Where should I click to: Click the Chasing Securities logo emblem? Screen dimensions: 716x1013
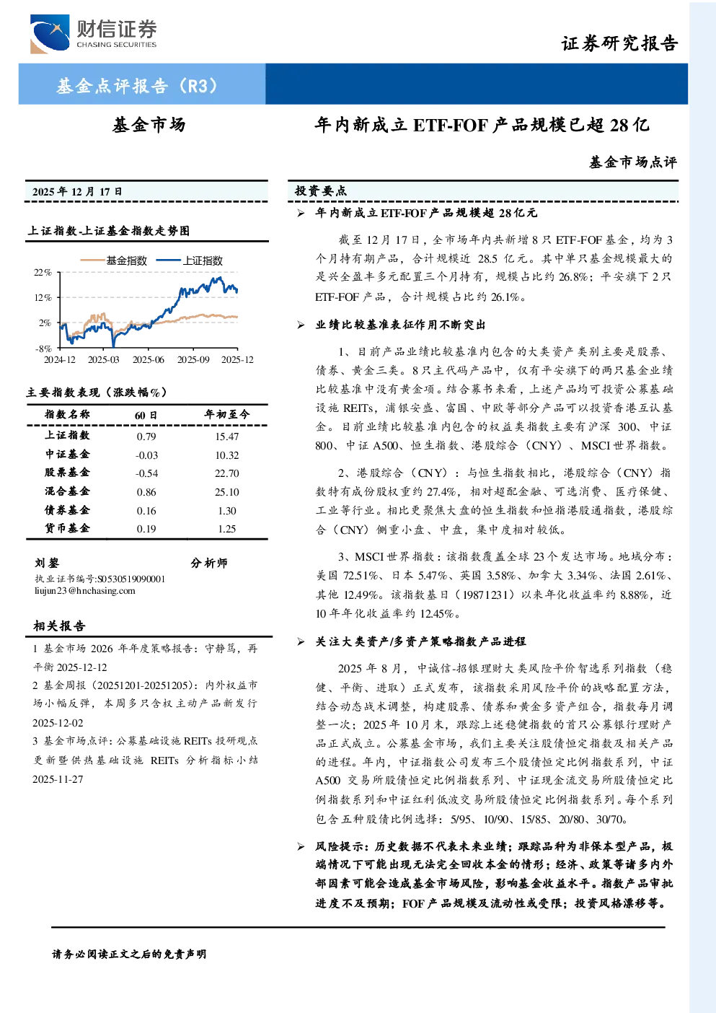click(50, 34)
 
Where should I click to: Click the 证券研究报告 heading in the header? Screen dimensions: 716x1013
click(619, 43)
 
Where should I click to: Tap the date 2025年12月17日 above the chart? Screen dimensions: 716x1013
click(77, 192)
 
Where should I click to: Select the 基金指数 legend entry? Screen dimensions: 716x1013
click(114, 260)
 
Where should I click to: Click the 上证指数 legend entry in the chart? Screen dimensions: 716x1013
click(190, 260)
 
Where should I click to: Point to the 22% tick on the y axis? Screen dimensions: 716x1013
click(43, 272)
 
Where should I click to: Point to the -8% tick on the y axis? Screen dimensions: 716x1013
click(43, 348)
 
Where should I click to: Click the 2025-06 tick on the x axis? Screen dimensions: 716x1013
click(149, 359)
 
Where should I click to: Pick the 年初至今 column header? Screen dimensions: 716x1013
click(227, 414)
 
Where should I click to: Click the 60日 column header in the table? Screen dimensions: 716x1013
click(146, 415)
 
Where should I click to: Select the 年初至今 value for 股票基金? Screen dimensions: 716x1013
click(227, 473)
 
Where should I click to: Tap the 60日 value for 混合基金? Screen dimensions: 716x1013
click(146, 492)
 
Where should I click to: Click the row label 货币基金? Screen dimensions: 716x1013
click(67, 528)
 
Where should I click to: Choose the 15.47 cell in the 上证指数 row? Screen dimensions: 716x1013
click(227, 437)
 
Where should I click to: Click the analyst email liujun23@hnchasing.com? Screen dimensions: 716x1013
click(85, 591)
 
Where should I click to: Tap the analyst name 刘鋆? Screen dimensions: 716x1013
click(47, 563)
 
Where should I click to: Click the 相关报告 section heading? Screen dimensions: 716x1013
click(59, 626)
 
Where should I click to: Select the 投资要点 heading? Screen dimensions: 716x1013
click(321, 191)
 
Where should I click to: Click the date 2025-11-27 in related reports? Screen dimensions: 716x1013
click(58, 779)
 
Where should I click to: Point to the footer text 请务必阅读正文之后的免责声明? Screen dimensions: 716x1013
click(129, 955)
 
